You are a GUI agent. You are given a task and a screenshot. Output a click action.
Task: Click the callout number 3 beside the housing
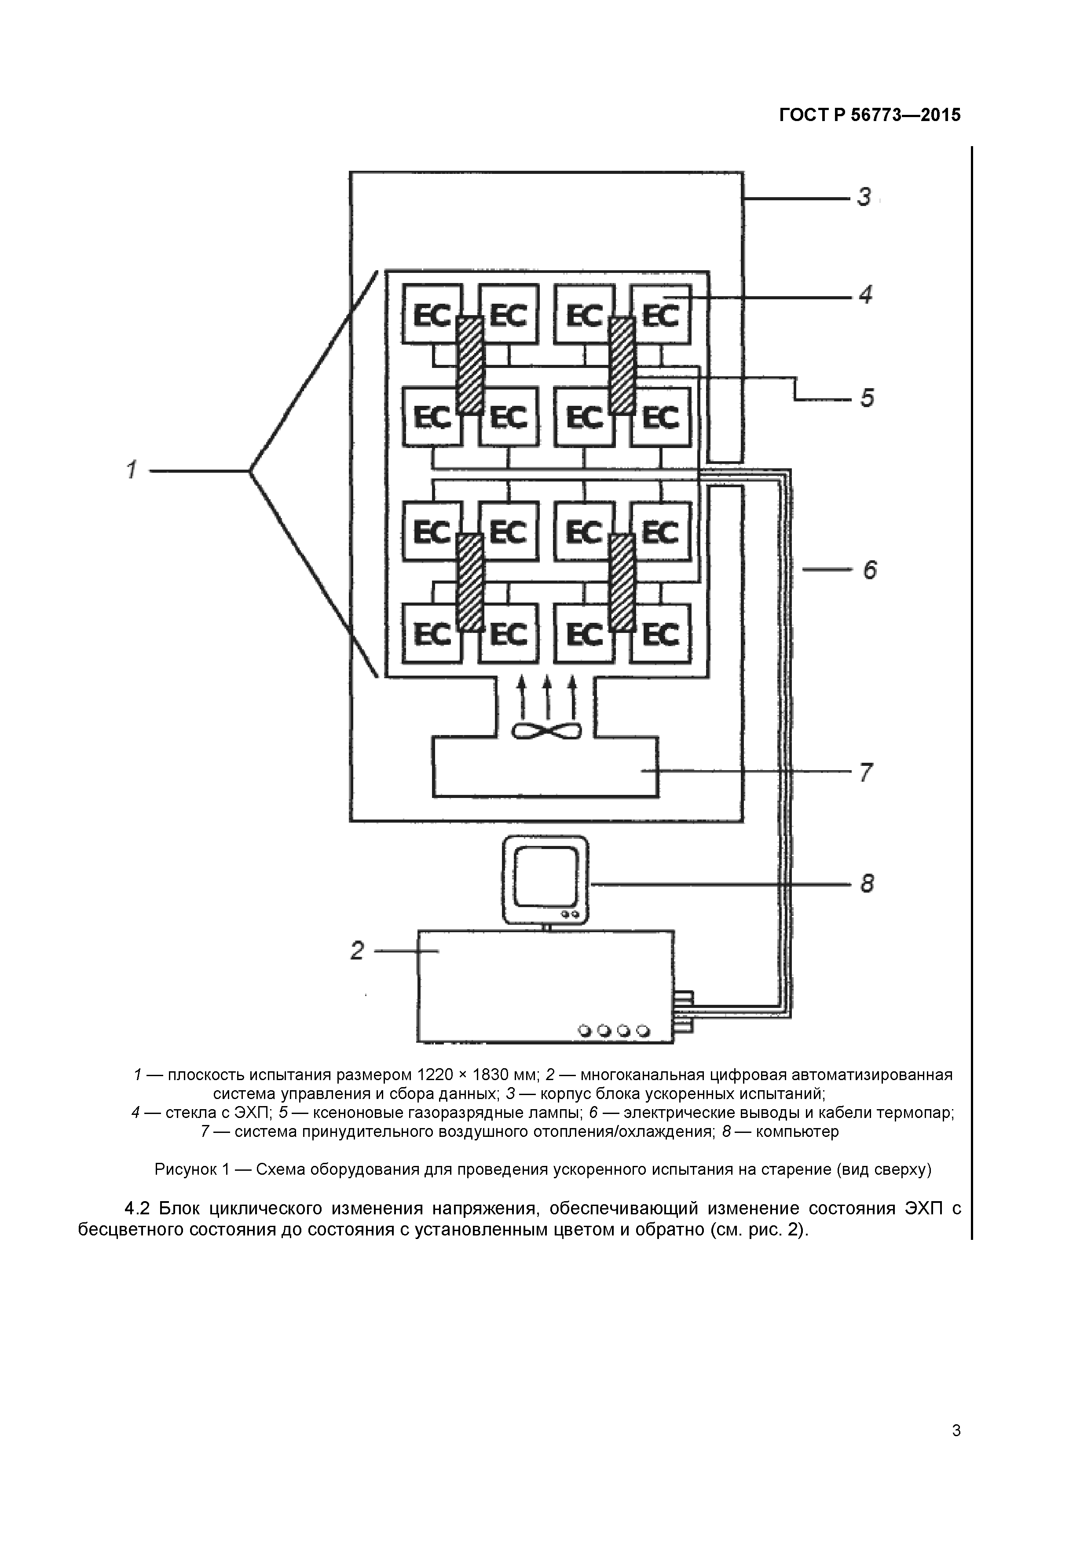tap(864, 198)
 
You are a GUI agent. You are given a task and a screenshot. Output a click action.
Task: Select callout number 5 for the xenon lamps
tap(867, 398)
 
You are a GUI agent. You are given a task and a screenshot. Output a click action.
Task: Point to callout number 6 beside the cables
tap(869, 571)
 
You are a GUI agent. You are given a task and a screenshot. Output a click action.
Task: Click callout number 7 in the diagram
tap(866, 773)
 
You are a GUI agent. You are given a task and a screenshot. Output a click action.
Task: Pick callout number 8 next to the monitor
tap(867, 883)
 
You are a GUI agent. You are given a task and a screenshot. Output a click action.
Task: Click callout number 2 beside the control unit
tap(357, 950)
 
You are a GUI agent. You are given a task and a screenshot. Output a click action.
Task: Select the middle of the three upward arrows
tap(546, 696)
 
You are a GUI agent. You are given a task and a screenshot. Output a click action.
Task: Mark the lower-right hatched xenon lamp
tap(622, 582)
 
